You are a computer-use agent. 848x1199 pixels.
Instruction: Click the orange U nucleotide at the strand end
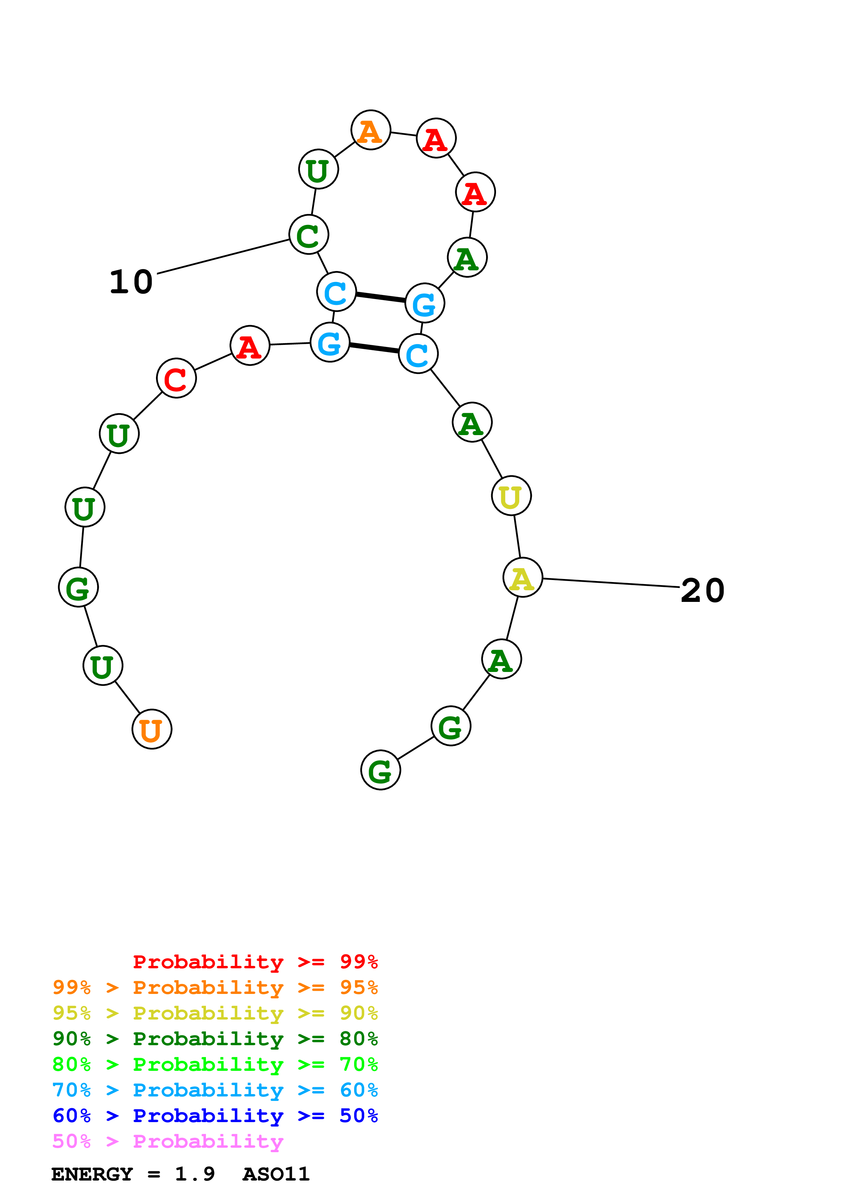(152, 729)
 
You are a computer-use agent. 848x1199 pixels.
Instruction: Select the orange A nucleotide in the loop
(370, 130)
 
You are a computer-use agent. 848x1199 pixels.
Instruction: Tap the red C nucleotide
(176, 378)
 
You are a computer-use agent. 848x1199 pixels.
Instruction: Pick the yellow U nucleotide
(511, 496)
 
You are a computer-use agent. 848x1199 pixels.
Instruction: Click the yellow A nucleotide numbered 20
(522, 578)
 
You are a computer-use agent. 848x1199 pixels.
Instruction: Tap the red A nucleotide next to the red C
(250, 346)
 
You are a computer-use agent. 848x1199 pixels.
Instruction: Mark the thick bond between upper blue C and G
(380, 297)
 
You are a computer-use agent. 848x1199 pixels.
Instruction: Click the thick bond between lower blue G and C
(374, 348)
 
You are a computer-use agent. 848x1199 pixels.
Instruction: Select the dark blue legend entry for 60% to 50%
(215, 1116)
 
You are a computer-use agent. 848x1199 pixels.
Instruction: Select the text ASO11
(276, 1174)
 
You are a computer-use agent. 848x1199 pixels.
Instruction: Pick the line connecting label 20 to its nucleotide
(611, 583)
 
